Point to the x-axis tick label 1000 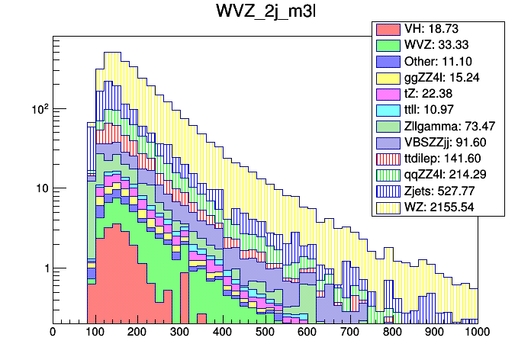477,333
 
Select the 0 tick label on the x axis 52,333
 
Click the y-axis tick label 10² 38,109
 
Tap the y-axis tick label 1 43,268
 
